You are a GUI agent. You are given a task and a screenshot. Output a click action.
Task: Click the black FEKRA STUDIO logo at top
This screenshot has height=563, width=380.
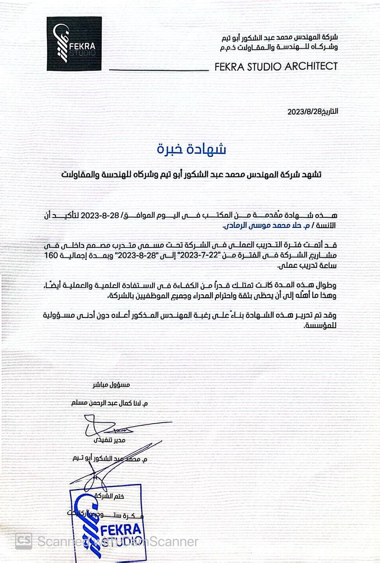pyautogui.click(x=74, y=44)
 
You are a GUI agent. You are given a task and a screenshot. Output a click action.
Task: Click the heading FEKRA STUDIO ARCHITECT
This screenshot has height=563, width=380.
pyautogui.click(x=276, y=66)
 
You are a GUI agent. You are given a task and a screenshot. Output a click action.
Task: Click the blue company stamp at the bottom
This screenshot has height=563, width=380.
pyautogui.click(x=106, y=519)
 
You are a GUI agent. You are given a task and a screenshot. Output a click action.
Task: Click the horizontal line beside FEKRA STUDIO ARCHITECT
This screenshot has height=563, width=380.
pyautogui.click(x=158, y=70)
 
